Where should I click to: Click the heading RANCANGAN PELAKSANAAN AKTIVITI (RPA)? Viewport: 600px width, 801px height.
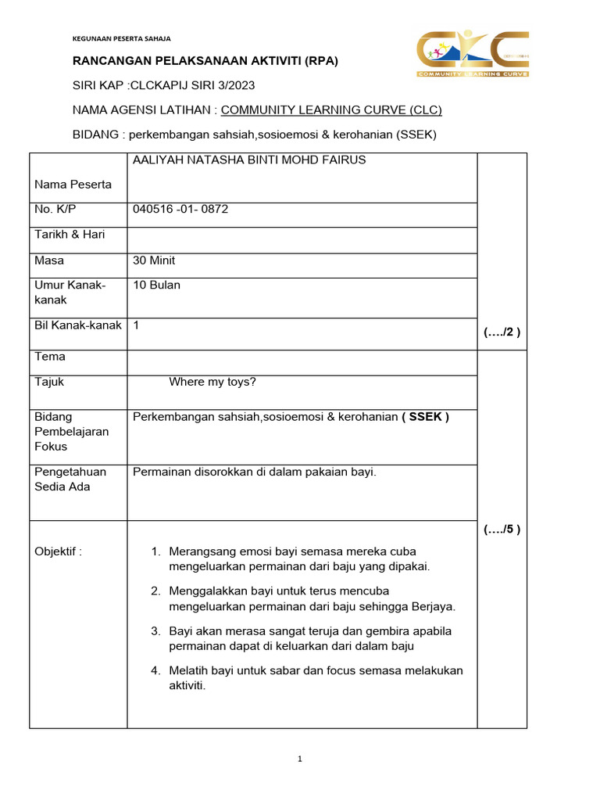(205, 61)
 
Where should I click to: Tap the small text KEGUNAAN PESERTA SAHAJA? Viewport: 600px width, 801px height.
(121, 38)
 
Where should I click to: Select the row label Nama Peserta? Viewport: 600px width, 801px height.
(73, 185)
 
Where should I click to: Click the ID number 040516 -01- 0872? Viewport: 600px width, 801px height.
(180, 209)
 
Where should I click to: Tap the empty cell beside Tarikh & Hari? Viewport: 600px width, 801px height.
(302, 239)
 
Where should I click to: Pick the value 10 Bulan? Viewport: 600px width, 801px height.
(157, 285)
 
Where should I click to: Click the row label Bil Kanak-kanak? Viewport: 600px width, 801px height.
(78, 325)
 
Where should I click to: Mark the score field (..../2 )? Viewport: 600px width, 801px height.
(502, 332)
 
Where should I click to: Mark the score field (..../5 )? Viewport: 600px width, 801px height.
(502, 529)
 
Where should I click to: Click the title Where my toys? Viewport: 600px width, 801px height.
(212, 382)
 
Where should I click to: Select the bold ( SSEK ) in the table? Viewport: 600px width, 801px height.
(425, 417)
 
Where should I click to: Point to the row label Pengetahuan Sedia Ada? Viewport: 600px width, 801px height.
(71, 479)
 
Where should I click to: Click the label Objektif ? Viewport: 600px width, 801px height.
(59, 551)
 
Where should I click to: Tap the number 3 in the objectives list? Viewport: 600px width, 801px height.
(155, 630)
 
